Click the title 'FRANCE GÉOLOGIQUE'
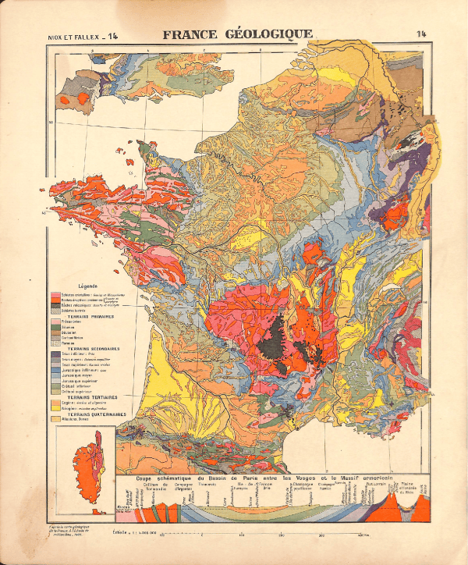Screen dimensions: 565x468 point(237,34)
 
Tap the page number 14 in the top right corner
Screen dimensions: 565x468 point(422,34)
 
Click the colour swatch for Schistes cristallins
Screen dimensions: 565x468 point(55,293)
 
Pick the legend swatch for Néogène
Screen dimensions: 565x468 point(55,408)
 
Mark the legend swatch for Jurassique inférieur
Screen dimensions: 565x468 point(55,371)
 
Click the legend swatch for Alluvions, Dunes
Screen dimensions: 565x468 point(55,420)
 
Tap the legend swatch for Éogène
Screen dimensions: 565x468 point(55,402)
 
